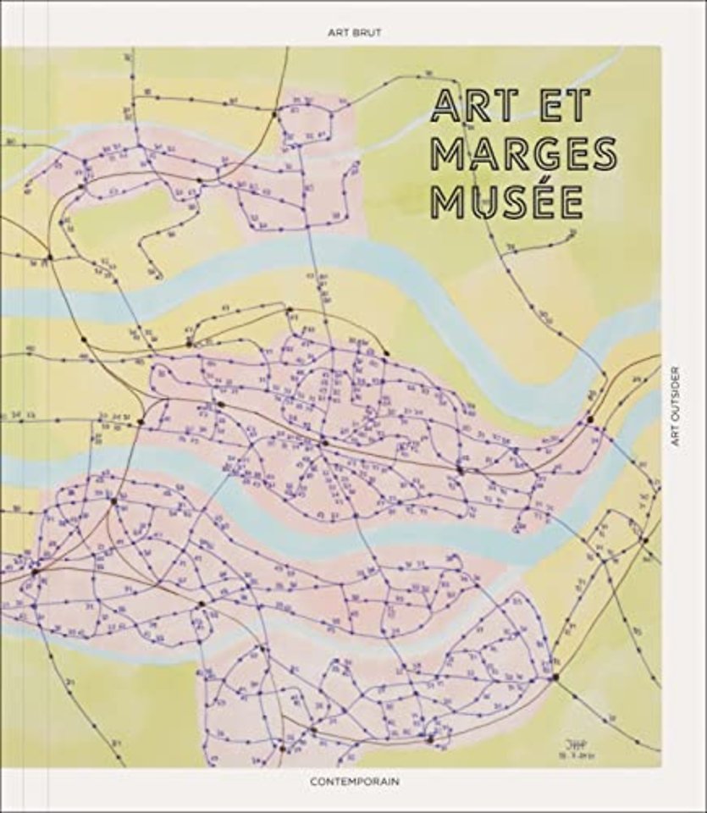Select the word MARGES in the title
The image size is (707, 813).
(523, 153)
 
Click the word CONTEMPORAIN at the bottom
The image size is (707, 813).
(353, 783)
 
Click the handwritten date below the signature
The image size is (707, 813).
(561, 752)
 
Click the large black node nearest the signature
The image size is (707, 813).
(555, 677)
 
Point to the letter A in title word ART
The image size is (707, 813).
(446, 108)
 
